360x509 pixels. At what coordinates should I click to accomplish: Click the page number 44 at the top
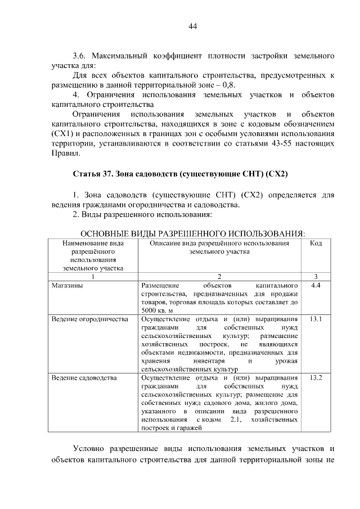[x=192, y=26]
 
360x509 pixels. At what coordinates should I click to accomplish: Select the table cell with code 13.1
[x=316, y=319]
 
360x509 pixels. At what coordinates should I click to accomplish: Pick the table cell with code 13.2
[x=316, y=377]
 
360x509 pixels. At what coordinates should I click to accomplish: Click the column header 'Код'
[x=316, y=244]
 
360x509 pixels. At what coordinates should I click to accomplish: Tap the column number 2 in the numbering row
[x=219, y=276]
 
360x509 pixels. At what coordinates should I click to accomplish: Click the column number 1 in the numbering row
[x=93, y=276]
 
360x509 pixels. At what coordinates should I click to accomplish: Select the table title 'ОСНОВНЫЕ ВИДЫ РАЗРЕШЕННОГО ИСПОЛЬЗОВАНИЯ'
[x=192, y=233]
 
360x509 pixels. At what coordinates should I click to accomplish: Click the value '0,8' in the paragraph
[x=228, y=84]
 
